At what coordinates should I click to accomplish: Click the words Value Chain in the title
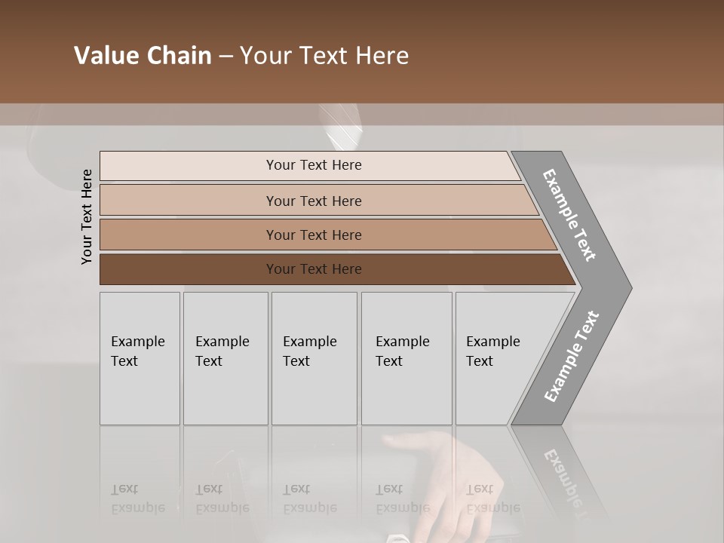[143, 56]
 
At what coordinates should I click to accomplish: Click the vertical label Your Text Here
[87, 216]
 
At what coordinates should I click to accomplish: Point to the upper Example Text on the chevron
[570, 215]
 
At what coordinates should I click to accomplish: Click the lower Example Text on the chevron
[572, 357]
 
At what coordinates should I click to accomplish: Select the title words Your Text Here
[324, 56]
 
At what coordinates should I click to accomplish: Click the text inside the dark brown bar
[314, 269]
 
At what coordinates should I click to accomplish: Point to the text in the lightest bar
[314, 165]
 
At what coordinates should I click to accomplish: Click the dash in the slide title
[225, 57]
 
